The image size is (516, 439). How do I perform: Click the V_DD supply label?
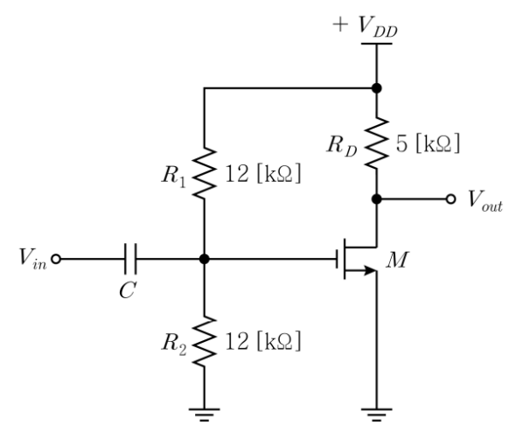365,26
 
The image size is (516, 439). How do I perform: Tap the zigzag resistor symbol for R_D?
377,143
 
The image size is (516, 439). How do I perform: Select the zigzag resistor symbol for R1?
205,173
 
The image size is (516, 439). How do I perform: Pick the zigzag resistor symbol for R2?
205,341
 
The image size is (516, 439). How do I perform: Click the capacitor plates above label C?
130,259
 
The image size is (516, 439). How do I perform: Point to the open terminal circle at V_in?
56,259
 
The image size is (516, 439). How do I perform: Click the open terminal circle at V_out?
450,199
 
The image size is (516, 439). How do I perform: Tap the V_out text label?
485,200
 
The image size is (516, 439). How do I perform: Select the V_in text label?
32,259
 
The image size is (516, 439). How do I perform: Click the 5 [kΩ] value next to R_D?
428,143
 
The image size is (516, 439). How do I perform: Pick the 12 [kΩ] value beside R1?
263,173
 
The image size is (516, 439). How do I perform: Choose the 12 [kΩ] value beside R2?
263,341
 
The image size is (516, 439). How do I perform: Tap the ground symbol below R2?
205,415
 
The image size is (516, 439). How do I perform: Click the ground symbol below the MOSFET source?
377,415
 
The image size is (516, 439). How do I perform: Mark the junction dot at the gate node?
205,259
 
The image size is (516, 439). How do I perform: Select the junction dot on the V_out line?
377,199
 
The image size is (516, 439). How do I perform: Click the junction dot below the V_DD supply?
377,88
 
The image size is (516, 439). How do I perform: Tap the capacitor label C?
128,291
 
